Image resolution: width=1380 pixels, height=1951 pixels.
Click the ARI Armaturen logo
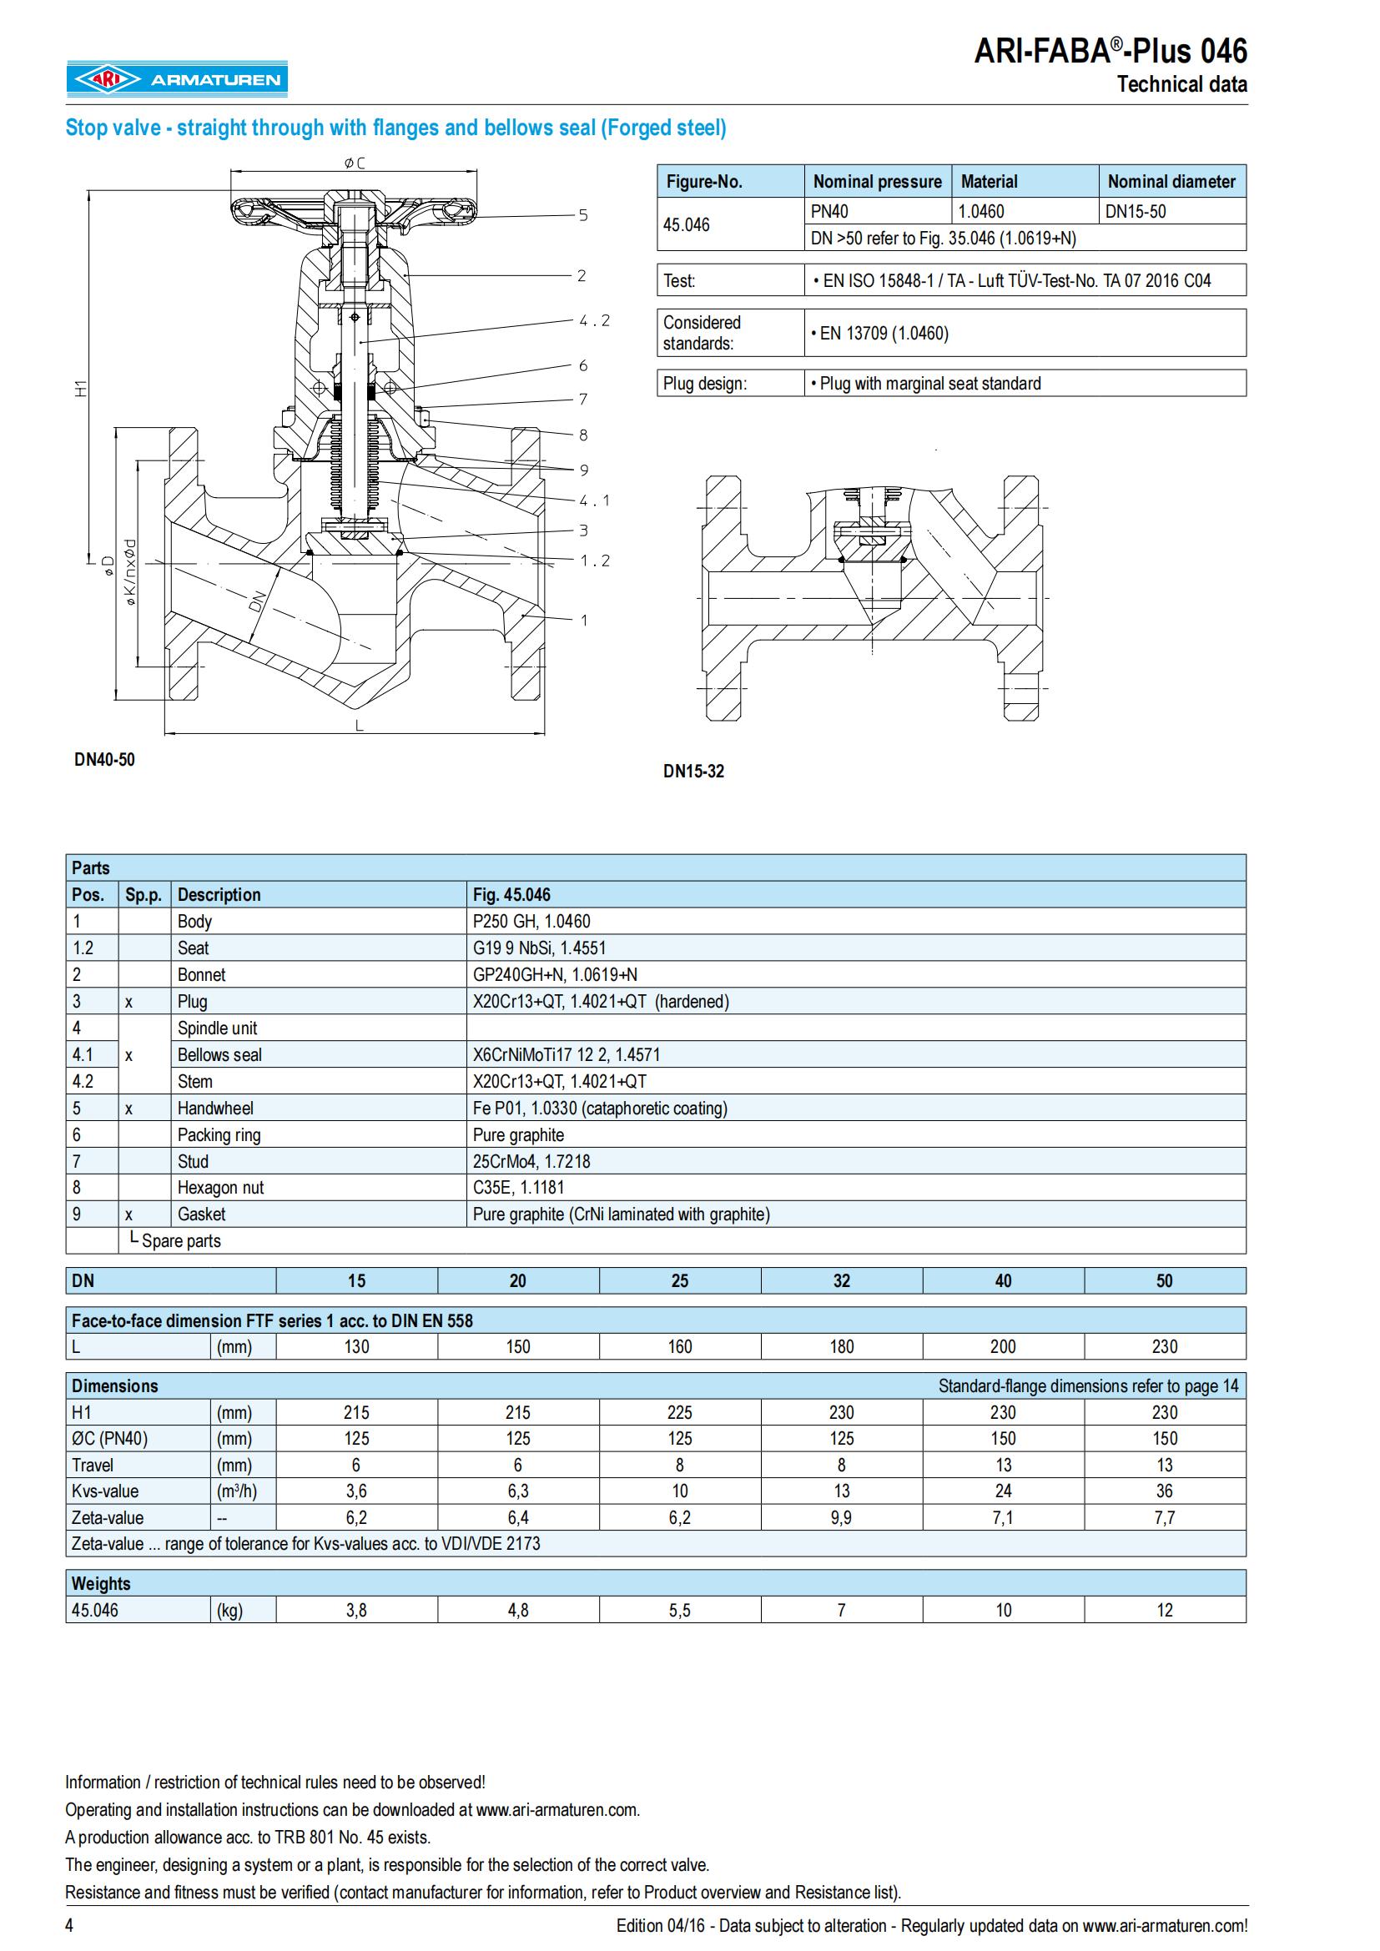178,79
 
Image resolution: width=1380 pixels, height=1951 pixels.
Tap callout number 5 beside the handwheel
583,215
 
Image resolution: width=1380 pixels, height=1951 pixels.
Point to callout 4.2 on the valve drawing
594,320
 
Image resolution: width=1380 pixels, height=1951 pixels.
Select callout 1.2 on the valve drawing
594,560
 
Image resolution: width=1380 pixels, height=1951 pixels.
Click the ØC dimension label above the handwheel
355,163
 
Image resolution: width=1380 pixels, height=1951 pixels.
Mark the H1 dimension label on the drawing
81,389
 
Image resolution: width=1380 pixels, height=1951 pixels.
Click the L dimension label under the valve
360,725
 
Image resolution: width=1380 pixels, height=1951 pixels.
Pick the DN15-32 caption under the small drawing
693,771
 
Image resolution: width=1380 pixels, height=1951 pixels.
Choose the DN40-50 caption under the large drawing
104,759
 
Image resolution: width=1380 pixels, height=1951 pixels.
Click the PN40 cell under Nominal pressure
829,212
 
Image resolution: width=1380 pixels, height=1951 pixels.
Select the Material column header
990,181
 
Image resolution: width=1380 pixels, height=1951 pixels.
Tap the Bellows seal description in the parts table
219,1054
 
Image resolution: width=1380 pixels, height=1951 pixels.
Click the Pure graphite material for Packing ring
518,1134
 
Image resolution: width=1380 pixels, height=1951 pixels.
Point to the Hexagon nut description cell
220,1187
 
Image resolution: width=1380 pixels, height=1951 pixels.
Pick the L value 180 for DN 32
841,1346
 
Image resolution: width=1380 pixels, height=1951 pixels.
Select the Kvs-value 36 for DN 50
1164,1491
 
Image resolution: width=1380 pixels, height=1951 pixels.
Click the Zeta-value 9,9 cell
841,1517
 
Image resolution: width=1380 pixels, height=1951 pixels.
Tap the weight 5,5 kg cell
680,1609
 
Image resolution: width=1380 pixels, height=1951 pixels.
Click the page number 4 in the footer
70,1925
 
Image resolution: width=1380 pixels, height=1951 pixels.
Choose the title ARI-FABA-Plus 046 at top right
1110,52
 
